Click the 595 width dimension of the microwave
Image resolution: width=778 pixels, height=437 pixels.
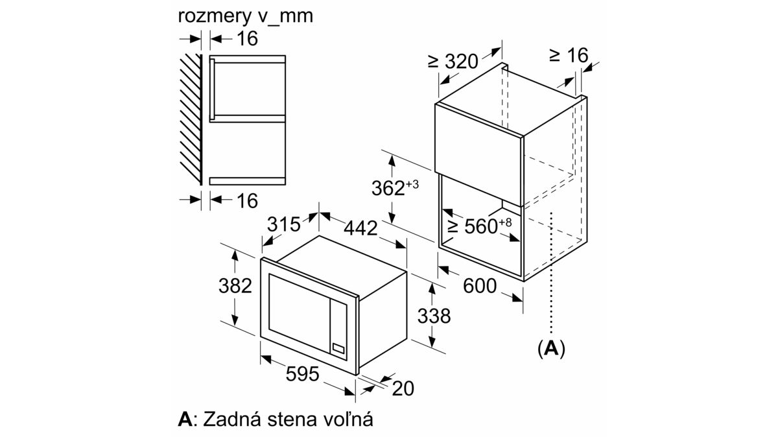click(302, 373)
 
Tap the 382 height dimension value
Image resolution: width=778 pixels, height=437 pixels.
click(235, 286)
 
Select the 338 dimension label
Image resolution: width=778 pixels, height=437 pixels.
click(434, 316)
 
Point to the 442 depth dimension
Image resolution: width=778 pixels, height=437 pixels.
click(360, 229)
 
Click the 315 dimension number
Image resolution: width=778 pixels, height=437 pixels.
click(284, 224)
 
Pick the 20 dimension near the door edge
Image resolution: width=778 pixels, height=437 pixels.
click(403, 388)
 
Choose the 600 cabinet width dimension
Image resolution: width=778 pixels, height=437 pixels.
click(480, 286)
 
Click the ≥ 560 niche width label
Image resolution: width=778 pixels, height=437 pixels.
click(480, 226)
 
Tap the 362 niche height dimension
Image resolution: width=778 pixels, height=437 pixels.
click(395, 188)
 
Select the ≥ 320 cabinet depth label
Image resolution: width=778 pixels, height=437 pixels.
click(453, 62)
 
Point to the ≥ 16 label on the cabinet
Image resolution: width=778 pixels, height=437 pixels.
click(569, 55)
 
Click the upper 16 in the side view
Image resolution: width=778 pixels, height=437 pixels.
click(247, 38)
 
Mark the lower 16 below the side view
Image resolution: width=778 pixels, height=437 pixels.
click(247, 201)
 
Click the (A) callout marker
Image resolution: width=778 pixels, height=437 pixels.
click(551, 348)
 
